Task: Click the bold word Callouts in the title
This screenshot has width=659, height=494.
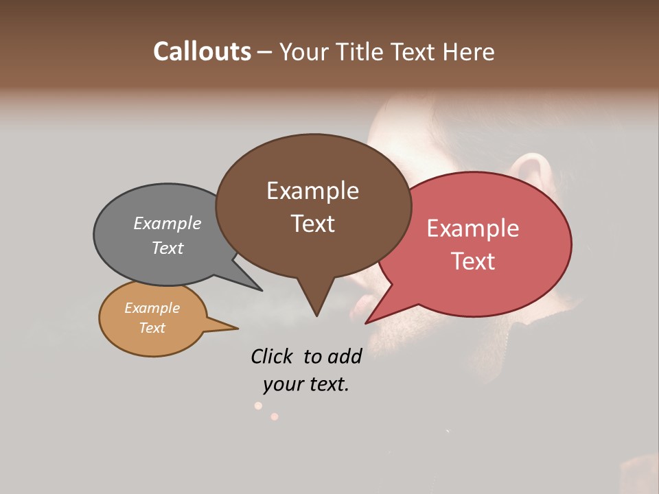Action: tap(202, 51)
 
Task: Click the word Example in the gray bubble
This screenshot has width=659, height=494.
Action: tap(167, 223)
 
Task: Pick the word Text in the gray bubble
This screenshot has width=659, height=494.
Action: tap(167, 248)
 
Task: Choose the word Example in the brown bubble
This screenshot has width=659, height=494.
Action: tap(312, 191)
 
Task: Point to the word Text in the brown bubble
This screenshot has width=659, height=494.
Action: tap(312, 224)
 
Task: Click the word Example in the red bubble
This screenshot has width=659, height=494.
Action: tap(473, 228)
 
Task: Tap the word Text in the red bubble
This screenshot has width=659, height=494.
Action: tap(473, 261)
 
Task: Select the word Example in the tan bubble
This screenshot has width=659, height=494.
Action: tap(152, 308)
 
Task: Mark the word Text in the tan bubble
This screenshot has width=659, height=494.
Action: tap(152, 328)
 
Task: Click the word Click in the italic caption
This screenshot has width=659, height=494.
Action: tap(271, 356)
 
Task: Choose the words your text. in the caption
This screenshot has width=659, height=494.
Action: tap(306, 384)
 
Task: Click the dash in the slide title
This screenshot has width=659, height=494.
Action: tap(266, 52)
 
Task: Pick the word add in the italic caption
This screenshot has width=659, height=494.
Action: tap(344, 356)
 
